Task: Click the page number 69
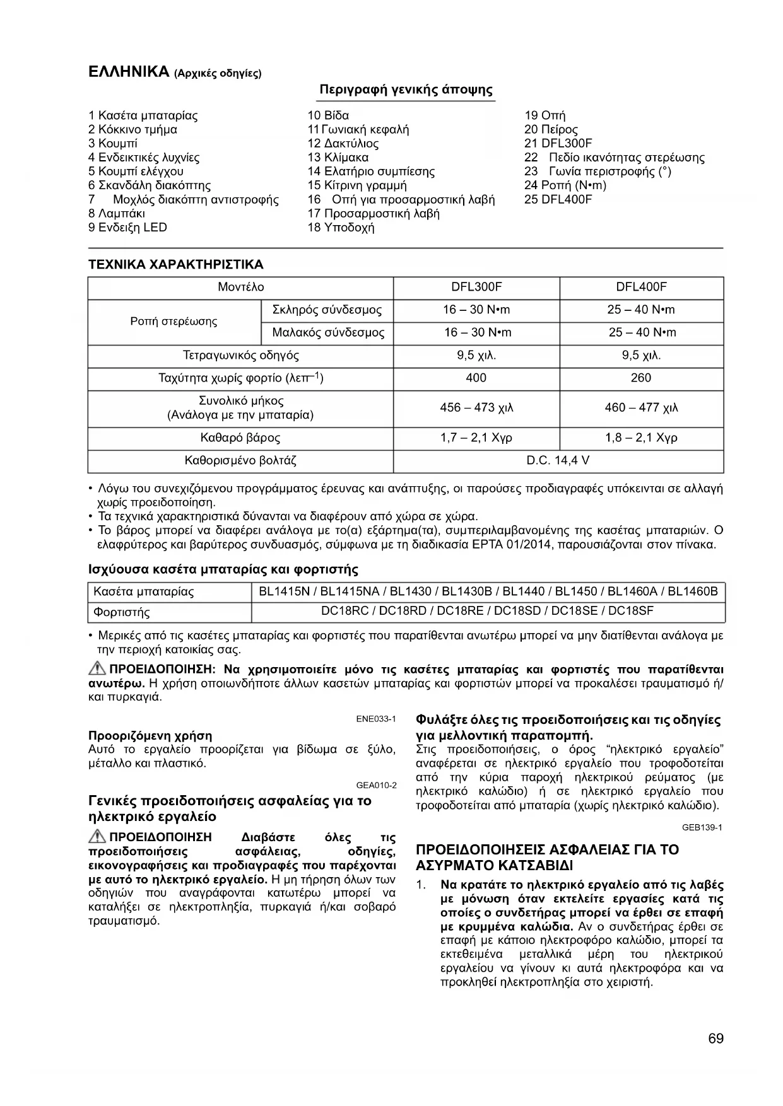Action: pos(715,1039)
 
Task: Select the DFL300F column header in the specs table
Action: pos(476,288)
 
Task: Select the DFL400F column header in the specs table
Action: pos(641,288)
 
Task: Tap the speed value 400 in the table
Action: pos(476,378)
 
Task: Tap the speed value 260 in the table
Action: pos(640,378)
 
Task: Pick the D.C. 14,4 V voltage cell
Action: pos(558,460)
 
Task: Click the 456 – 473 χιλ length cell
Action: pos(476,408)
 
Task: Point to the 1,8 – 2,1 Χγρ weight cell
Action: pos(641,438)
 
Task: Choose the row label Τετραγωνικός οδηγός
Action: pos(240,356)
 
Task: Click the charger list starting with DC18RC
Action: pos(487,611)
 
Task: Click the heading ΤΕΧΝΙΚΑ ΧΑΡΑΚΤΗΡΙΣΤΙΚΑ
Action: pos(175,265)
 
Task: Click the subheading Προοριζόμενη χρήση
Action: pos(150,736)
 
